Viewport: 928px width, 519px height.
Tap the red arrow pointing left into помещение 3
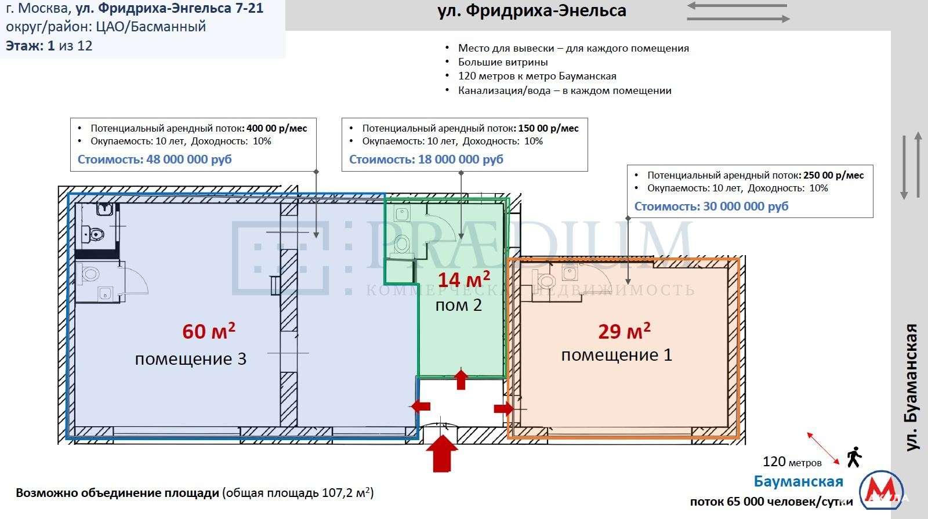(421, 406)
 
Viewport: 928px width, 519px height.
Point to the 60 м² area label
(208, 331)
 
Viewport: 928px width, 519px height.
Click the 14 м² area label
(463, 280)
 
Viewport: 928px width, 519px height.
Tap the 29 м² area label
(624, 331)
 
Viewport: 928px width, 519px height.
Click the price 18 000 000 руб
(461, 159)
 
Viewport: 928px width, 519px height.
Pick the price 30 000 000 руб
(746, 206)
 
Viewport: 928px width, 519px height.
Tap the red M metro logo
(882, 489)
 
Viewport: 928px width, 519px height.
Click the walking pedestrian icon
(854, 457)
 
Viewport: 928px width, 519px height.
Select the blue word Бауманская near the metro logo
(798, 481)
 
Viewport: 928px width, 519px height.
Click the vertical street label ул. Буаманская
(912, 387)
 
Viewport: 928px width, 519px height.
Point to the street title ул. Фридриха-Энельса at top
(532, 11)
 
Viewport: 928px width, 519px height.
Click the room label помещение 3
(191, 359)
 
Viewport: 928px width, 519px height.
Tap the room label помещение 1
(617, 355)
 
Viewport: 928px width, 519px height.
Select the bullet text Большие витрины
(503, 62)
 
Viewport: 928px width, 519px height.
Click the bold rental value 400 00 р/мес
(277, 128)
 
